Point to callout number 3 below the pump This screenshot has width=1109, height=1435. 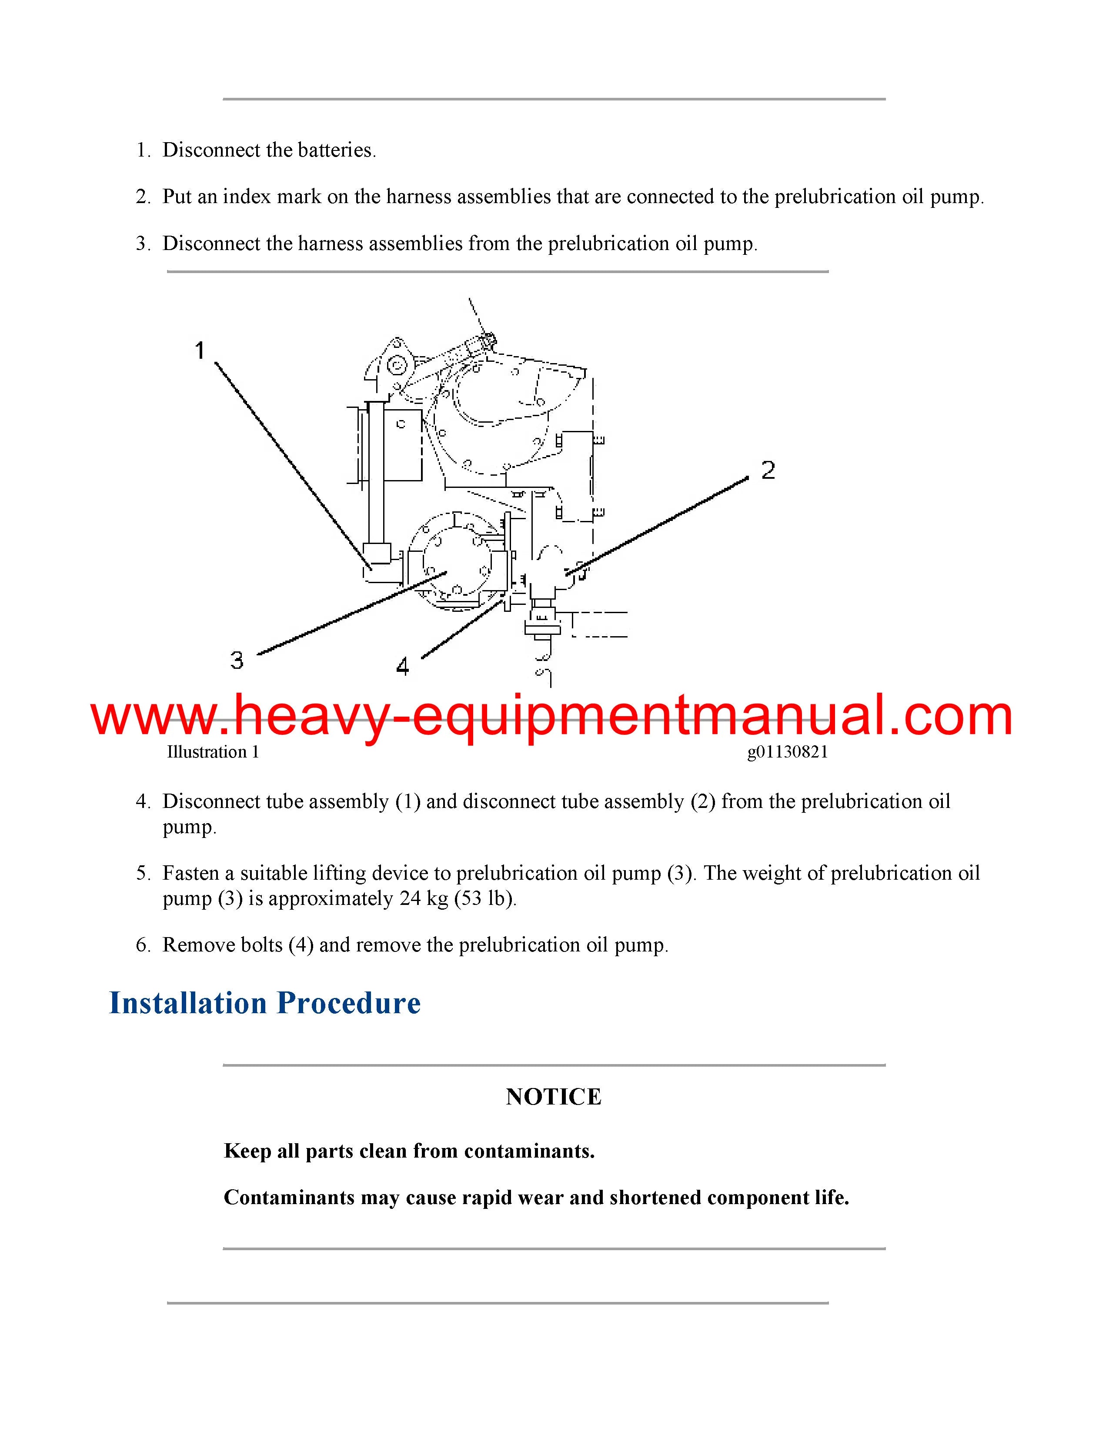pyautogui.click(x=237, y=659)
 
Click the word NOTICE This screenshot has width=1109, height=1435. pyautogui.click(x=554, y=1097)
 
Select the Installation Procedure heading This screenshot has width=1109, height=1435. pyautogui.click(x=265, y=1003)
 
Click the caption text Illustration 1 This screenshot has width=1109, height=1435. pyautogui.click(x=213, y=752)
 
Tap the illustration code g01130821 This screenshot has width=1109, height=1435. pyautogui.click(x=787, y=752)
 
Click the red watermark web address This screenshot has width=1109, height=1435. pyautogui.click(x=552, y=716)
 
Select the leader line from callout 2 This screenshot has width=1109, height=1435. pyautogui.click(x=657, y=526)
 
